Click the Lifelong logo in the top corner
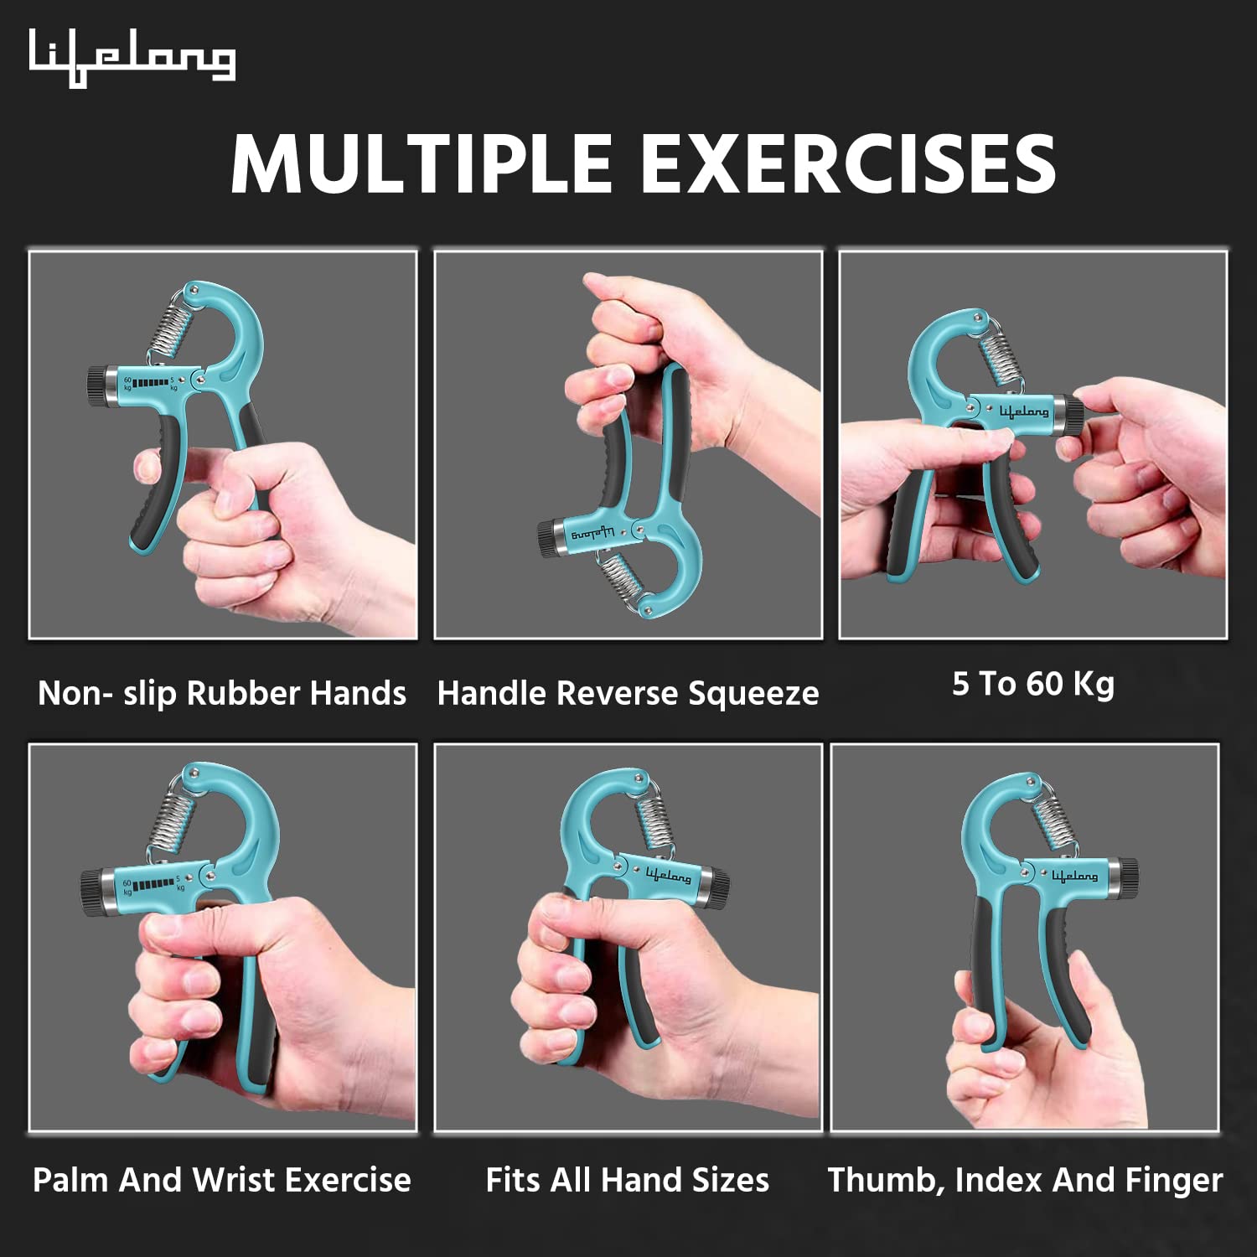coord(132,58)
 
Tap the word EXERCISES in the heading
coord(847,163)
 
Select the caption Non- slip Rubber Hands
coord(222,694)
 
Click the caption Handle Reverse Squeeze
coord(628,694)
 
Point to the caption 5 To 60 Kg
coord(1033,684)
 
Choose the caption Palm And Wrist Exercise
coord(222,1180)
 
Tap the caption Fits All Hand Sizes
coord(628,1180)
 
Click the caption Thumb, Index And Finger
coord(1026,1180)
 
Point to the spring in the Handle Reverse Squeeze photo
coord(620,578)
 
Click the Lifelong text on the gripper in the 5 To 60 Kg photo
coord(1023,411)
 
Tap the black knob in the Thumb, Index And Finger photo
coord(1128,877)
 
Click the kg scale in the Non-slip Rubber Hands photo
coord(151,384)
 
